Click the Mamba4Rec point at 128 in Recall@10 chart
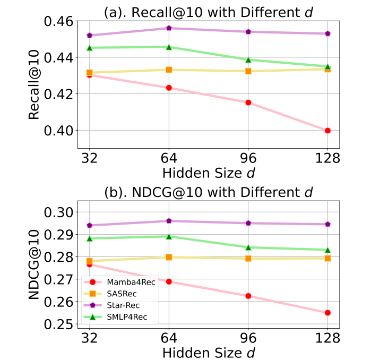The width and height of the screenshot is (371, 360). click(x=328, y=131)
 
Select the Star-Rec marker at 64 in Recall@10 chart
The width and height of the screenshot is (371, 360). click(x=169, y=28)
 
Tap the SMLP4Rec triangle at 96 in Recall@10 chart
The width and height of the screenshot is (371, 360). click(x=248, y=59)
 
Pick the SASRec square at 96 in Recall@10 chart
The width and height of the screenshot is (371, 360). click(x=248, y=71)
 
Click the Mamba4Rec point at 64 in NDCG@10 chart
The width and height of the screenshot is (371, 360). click(x=169, y=281)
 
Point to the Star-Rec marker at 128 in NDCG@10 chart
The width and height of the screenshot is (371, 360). click(x=328, y=224)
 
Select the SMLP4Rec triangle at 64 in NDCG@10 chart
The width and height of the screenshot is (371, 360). click(x=169, y=236)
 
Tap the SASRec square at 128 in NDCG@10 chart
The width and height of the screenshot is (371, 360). click(x=328, y=258)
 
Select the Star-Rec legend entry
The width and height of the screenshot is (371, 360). click(x=120, y=305)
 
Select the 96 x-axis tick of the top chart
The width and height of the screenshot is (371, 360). click(x=248, y=159)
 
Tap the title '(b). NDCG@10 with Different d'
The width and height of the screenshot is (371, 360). click(x=208, y=191)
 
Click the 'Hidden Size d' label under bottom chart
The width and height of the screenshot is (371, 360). click(x=208, y=352)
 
